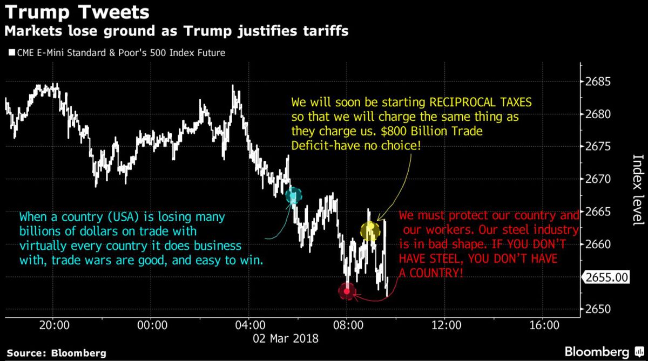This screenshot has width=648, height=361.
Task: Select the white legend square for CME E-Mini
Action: pos(12,52)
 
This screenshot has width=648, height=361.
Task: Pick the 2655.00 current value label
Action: pos(607,277)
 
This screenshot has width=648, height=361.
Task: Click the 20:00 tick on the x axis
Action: pos(55,325)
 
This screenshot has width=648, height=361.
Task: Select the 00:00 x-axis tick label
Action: pos(152,325)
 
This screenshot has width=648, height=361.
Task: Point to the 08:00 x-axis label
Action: pos(348,325)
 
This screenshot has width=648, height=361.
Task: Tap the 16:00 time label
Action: pos(544,325)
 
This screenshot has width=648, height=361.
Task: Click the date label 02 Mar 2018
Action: pos(286,338)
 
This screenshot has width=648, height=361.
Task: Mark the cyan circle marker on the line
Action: pos(294,196)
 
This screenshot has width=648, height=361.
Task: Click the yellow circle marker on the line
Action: pos(370,231)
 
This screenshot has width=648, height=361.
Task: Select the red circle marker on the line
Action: pos(347,291)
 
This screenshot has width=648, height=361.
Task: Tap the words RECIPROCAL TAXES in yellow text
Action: pos(481,103)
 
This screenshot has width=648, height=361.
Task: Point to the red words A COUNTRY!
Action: pos(431,273)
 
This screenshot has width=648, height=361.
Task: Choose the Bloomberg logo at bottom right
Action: pos(604,352)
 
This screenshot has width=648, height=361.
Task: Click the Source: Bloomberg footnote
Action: pos(56,353)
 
